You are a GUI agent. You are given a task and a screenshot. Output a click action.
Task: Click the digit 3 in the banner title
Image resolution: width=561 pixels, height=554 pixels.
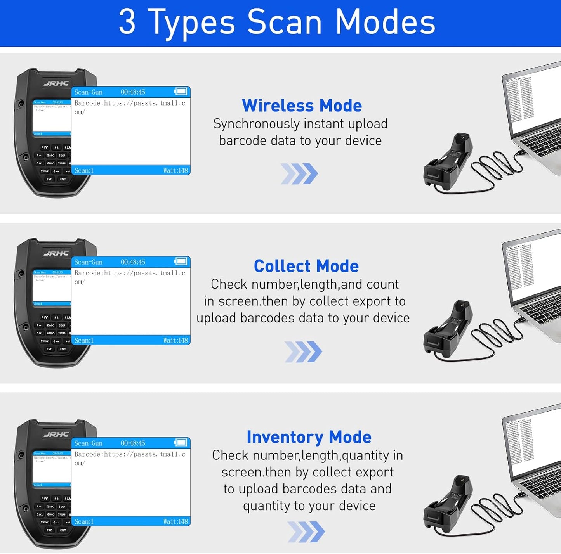127,22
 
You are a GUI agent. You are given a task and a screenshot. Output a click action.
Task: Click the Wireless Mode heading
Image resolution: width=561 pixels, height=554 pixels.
302,106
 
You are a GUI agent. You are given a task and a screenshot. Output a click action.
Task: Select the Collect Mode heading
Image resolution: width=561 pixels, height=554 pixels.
306,266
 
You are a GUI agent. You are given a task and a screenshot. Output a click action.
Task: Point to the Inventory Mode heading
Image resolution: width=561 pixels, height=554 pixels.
309,437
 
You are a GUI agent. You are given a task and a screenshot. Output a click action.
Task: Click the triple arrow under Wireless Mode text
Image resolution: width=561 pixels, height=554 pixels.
299,173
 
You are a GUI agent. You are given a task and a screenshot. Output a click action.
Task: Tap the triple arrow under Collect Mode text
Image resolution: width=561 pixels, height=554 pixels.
303,352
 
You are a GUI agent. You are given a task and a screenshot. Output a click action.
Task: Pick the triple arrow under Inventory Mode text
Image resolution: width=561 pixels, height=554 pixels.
306,531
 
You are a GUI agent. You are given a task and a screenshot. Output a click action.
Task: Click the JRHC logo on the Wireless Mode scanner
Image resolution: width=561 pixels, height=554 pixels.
56,83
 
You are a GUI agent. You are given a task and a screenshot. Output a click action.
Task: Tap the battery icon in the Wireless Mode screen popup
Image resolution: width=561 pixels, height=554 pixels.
181,92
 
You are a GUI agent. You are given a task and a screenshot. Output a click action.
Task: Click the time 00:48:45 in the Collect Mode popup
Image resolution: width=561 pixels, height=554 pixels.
133,262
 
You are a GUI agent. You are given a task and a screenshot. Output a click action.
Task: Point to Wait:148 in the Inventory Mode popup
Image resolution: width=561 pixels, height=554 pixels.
175,522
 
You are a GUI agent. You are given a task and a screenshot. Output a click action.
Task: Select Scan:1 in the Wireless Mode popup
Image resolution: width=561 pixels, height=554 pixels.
84,171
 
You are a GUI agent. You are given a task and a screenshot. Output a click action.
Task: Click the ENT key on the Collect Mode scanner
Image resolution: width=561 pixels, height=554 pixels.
63,349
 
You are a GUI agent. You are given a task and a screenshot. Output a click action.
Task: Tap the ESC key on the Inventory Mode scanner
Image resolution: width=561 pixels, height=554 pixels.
49,530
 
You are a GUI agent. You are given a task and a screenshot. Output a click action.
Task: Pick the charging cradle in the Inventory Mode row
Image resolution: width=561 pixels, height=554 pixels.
448,504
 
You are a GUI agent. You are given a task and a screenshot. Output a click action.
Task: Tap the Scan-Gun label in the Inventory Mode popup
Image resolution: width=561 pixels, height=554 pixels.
89,443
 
